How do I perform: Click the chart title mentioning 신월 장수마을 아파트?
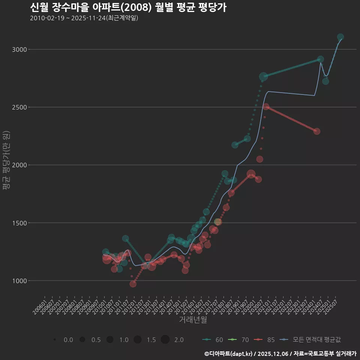coord(128,7)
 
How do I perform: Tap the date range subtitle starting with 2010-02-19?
coord(84,18)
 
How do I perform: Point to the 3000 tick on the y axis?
coord(19,49)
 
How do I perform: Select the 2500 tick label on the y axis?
coord(19,107)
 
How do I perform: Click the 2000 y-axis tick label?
coord(19,165)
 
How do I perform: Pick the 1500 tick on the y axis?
coord(19,223)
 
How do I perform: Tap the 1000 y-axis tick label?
coord(19,280)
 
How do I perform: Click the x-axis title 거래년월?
coord(193,320)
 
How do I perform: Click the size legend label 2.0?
coord(179,340)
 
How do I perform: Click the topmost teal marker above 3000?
coord(340,37)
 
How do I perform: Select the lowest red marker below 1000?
coord(133,284)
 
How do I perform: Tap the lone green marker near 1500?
coord(218,222)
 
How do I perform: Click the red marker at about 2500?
coord(266,107)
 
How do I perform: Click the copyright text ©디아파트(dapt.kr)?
coord(229,354)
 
